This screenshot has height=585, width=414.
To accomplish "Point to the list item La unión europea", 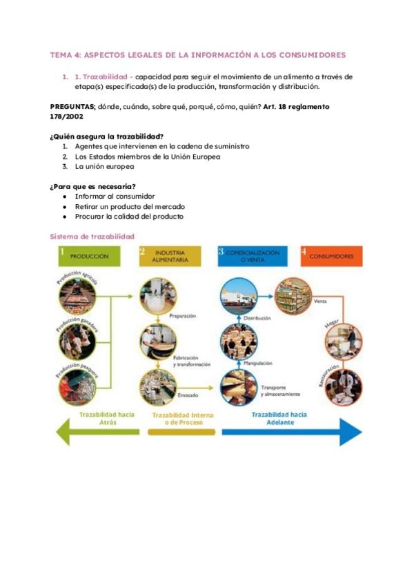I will pyautogui.click(x=104, y=166).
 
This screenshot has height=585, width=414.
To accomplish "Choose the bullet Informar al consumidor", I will pyautogui.click(x=115, y=196).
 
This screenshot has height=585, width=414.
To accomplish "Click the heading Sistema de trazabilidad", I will pyautogui.click(x=92, y=237).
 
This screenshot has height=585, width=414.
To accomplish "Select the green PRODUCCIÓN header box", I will pyautogui.click(x=90, y=256).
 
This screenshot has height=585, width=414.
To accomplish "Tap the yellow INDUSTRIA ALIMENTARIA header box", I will pyautogui.click(x=170, y=256).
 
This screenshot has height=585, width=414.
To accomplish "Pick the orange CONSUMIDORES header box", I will pyautogui.click(x=331, y=256).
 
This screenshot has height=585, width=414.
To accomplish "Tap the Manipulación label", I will pyautogui.click(x=257, y=363).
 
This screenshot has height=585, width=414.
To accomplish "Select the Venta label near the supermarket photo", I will pyautogui.click(x=319, y=301).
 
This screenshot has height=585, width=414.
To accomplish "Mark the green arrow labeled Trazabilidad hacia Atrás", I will pyautogui.click(x=97, y=432).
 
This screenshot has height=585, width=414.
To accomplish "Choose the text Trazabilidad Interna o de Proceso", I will pyautogui.click(x=182, y=419).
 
